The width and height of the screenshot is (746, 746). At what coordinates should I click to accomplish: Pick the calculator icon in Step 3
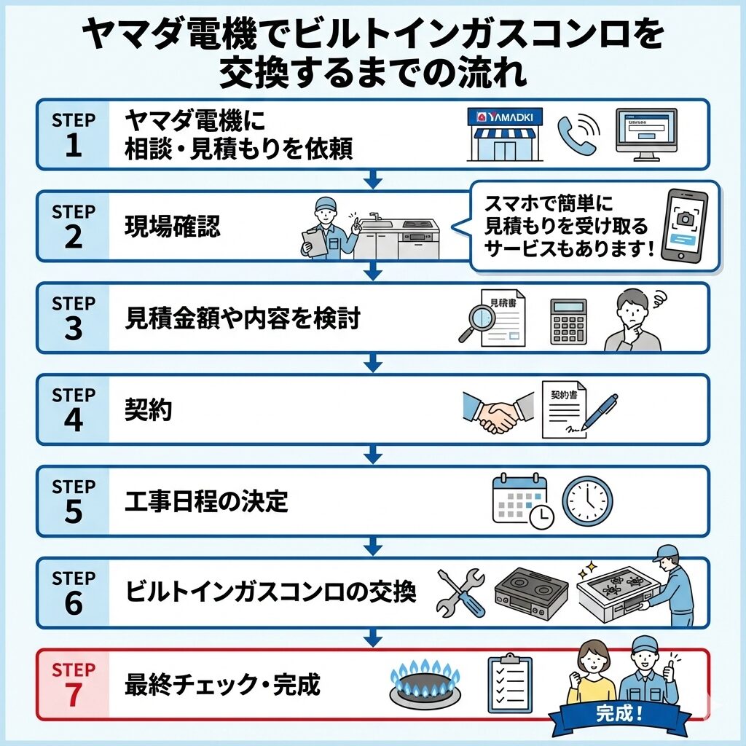(568, 321)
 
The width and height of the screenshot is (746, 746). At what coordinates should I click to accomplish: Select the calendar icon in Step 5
(519, 499)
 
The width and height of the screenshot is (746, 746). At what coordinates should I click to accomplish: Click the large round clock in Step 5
(587, 500)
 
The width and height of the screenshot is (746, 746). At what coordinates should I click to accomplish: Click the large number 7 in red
(74, 695)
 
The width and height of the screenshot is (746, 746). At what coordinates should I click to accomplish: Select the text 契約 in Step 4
(149, 411)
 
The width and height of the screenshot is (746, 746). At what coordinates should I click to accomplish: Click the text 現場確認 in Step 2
(172, 227)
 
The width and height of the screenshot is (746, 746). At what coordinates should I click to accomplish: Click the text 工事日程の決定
(207, 502)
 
